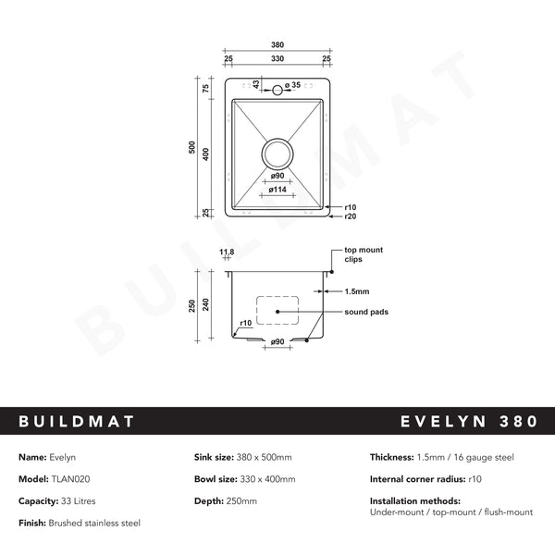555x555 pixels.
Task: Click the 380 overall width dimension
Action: click(277, 43)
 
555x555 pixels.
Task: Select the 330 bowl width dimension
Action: click(277, 58)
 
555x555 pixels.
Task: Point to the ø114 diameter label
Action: click(277, 189)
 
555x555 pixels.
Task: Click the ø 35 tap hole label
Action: click(293, 85)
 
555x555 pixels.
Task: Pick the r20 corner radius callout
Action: click(350, 216)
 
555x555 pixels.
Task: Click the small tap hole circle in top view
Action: click(277, 91)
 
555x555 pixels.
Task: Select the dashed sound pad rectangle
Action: click(277, 310)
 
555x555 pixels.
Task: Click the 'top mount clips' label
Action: click(364, 254)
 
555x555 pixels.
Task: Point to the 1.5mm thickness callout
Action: click(357, 290)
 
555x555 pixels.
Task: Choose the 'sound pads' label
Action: click(366, 312)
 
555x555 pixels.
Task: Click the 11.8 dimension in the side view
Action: click(226, 252)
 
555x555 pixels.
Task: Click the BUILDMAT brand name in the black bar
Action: click(77, 422)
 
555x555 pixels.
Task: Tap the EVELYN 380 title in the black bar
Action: click(469, 422)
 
